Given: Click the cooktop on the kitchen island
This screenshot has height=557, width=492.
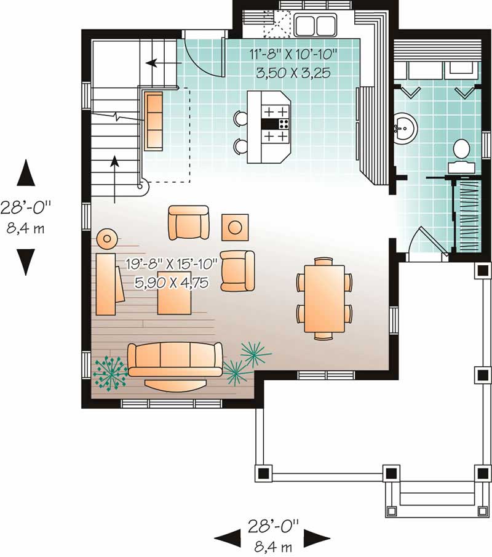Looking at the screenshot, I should point(276,124).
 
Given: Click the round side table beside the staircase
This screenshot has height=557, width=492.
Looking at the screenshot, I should point(108,238).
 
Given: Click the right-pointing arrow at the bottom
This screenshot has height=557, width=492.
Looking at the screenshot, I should point(312,537).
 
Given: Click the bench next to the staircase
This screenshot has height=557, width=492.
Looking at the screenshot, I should point(154,121).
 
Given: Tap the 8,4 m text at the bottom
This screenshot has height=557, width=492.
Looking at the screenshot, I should point(272,545).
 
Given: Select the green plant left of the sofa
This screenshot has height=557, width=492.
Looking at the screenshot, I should point(109,371).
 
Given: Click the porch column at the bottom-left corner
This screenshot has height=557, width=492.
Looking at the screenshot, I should point(263,473).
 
